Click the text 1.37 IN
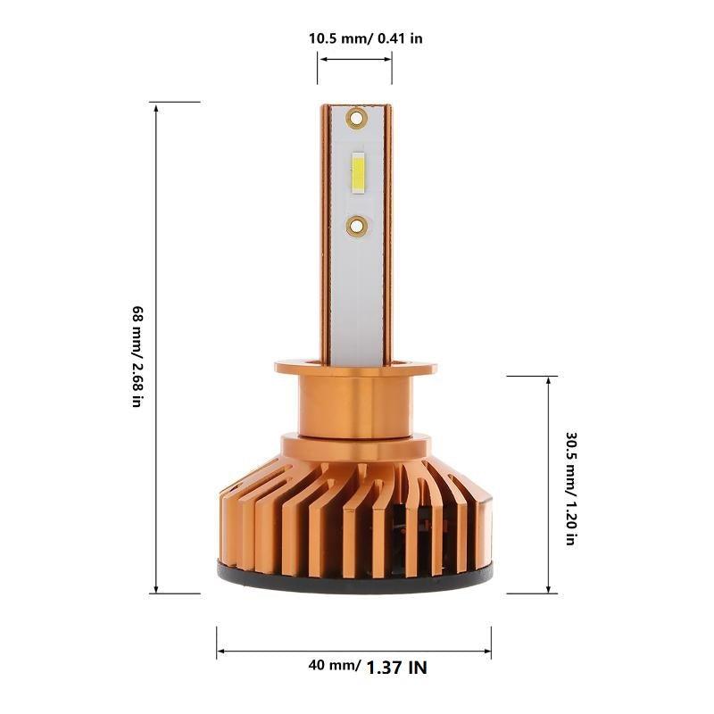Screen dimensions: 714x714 pyautogui.click(x=397, y=666)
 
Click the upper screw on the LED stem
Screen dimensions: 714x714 pyautogui.click(x=356, y=116)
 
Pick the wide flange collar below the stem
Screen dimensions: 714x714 pyautogui.click(x=355, y=368)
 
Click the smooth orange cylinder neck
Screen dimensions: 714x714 pyautogui.click(x=355, y=406)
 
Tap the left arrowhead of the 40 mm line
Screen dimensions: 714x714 pyautogui.click(x=220, y=653)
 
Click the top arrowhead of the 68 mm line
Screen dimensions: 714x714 pyautogui.click(x=157, y=107)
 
